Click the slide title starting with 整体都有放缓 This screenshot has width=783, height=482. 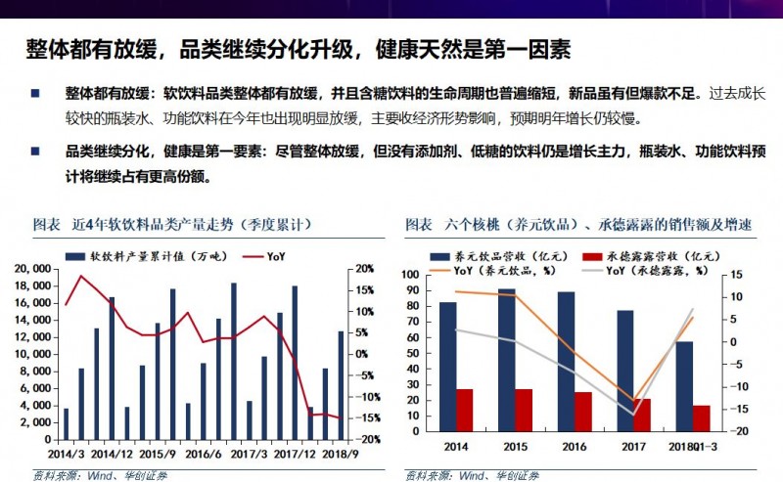coord(298,49)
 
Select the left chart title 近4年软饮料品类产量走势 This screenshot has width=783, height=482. coord(171,225)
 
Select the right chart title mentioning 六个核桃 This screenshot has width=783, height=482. coord(578,225)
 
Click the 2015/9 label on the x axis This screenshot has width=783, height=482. coord(159,455)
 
